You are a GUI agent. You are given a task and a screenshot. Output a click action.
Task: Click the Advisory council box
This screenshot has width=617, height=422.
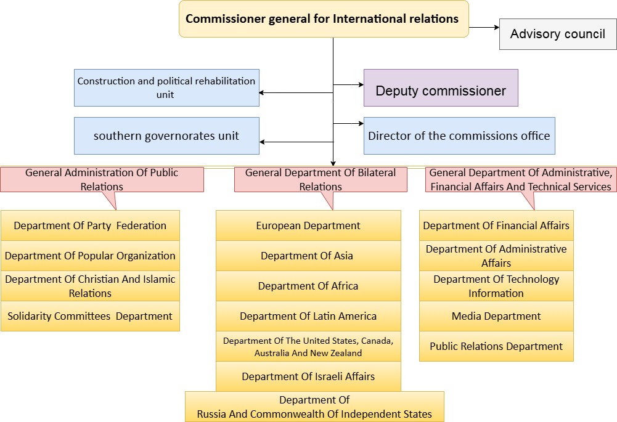pyautogui.click(x=557, y=34)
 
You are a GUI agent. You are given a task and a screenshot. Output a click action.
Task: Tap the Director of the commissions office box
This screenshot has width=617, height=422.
pyautogui.click(x=459, y=136)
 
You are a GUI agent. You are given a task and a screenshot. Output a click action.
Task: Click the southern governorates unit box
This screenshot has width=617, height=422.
pyautogui.click(x=166, y=136)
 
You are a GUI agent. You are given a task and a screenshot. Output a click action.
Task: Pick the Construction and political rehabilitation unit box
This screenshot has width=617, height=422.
pyautogui.click(x=166, y=87)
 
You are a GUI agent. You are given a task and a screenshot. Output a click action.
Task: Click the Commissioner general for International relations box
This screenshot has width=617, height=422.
pyautogui.click(x=324, y=18)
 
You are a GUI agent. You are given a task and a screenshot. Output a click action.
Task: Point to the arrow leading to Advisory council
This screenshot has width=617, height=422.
pyautogui.click(x=484, y=27)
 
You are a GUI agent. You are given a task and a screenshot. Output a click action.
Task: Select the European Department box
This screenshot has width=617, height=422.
pyautogui.click(x=308, y=225)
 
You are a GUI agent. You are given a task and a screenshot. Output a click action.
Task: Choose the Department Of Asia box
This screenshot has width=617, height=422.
pyautogui.click(x=308, y=256)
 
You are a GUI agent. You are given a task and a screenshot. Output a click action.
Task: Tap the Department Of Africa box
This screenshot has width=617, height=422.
pyautogui.click(x=308, y=286)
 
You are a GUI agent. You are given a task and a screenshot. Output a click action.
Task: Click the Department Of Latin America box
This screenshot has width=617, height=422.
pyautogui.click(x=308, y=316)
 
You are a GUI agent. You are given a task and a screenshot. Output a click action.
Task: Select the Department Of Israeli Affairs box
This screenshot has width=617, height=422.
pyautogui.click(x=308, y=376)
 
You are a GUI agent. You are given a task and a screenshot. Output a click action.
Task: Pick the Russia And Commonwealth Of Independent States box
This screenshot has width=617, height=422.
pyautogui.click(x=314, y=407)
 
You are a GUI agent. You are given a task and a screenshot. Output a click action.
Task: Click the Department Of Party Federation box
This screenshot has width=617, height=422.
pyautogui.click(x=90, y=225)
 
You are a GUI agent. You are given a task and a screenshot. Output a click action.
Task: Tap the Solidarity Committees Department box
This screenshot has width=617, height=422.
pyautogui.click(x=90, y=316)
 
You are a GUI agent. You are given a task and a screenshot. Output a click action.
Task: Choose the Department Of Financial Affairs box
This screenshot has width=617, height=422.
pyautogui.click(x=496, y=225)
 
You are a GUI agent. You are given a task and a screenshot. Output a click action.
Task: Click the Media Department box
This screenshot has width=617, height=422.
pyautogui.click(x=496, y=316)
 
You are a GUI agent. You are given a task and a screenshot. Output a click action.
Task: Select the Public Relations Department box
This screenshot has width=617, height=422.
pyautogui.click(x=496, y=346)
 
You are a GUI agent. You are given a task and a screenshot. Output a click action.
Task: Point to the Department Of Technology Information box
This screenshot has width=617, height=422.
pyautogui.click(x=496, y=286)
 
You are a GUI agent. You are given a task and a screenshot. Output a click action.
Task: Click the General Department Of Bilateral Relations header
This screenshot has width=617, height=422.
pyautogui.click(x=321, y=179)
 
